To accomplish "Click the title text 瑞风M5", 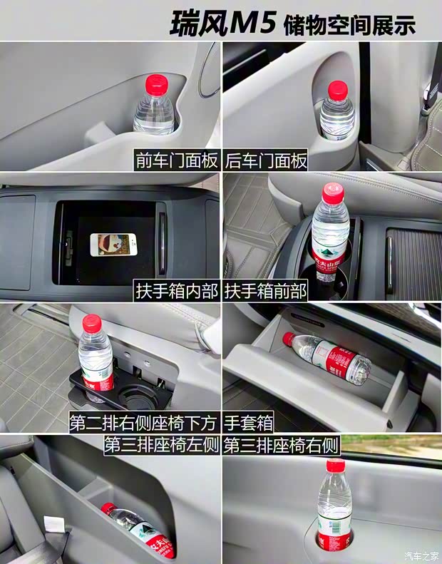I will tap(222, 23).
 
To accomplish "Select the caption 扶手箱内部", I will tap(176, 292).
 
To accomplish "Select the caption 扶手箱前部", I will tap(266, 292).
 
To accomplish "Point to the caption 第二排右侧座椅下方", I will tap(144, 422).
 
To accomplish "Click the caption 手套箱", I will tap(248, 422).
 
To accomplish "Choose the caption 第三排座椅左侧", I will tap(162, 446).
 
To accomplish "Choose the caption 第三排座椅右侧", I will tap(281, 446).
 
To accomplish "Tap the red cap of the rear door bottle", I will tap(337, 89).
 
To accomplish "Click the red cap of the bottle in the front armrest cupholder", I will tap(333, 193).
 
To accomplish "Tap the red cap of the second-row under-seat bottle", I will tap(92, 324).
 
